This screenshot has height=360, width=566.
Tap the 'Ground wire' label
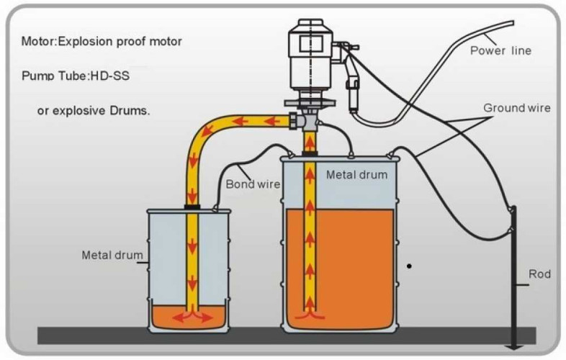516,108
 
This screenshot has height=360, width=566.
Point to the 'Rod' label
539,274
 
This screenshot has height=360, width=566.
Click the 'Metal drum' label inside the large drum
356,175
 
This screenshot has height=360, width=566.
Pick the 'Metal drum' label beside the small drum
111,255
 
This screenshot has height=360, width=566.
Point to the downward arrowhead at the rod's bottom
513,348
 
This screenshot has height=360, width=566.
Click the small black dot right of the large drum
410,266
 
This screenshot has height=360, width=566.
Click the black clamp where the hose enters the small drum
192,207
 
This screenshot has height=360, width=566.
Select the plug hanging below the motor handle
353,94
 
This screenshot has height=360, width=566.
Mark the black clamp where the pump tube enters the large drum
310,153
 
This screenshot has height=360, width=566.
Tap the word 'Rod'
539,274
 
